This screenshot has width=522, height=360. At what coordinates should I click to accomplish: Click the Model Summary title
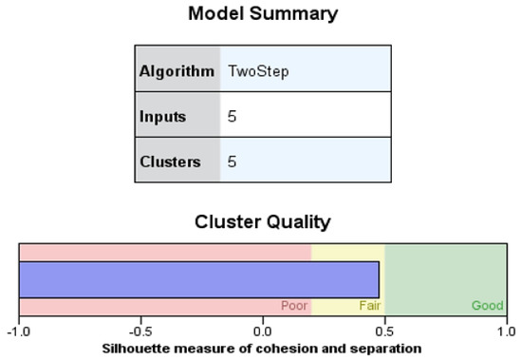tap(262, 14)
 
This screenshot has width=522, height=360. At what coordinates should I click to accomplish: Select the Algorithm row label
tap(177, 71)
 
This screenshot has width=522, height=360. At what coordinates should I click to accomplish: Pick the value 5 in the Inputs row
tap(233, 117)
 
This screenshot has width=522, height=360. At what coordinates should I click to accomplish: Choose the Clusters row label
tap(170, 161)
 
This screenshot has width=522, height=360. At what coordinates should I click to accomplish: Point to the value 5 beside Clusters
tap(233, 161)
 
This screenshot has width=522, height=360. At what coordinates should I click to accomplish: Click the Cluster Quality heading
tap(262, 222)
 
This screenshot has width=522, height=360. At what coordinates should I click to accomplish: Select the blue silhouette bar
tap(199, 279)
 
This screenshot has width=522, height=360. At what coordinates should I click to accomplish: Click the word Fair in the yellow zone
tap(369, 306)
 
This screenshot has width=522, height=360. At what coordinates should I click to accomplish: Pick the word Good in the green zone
tap(487, 306)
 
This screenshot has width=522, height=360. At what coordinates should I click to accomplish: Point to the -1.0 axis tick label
tap(19, 332)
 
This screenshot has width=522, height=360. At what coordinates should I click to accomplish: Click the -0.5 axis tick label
tap(140, 332)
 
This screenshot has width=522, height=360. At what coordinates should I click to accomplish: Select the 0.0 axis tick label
tap(263, 332)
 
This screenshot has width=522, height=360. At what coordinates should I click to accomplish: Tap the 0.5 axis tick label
tap(384, 332)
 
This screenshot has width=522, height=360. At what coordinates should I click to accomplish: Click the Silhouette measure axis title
tap(262, 348)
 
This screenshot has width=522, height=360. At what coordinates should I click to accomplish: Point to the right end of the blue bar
tap(378, 279)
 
